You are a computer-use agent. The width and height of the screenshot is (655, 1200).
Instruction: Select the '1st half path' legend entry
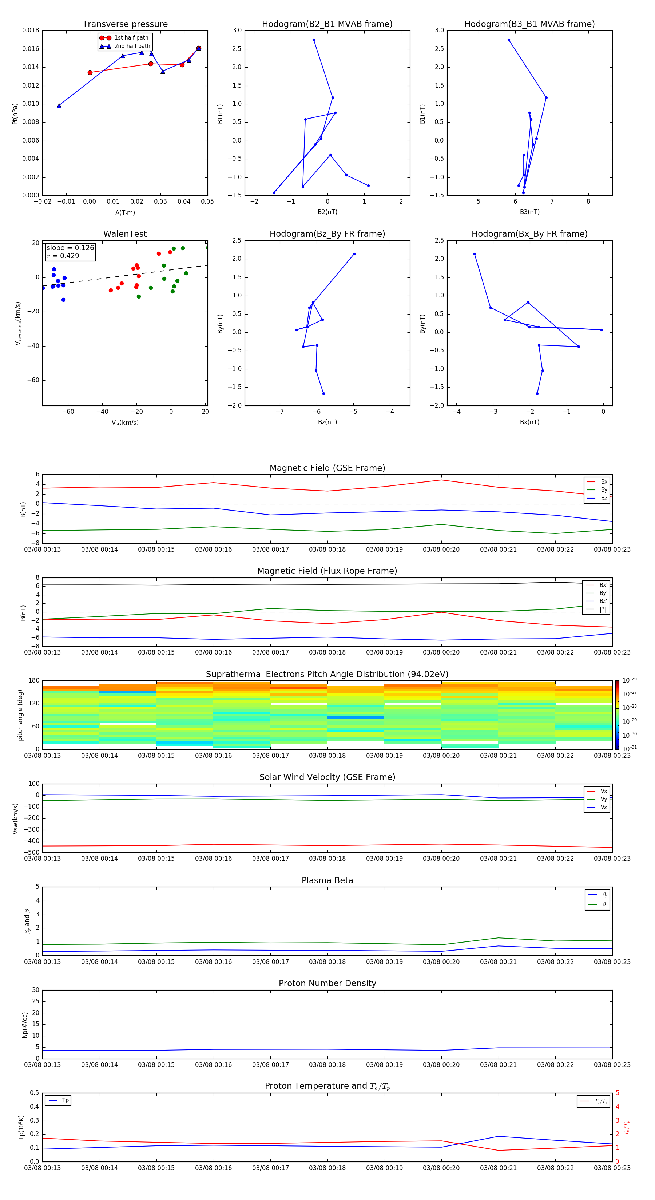(131, 38)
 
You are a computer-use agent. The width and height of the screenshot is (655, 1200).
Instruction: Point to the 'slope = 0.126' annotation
(70, 248)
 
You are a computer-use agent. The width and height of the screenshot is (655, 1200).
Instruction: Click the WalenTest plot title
(125, 234)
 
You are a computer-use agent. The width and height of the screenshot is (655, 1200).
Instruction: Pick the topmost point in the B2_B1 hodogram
(314, 40)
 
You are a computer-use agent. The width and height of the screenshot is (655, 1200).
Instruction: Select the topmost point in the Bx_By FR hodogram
(475, 254)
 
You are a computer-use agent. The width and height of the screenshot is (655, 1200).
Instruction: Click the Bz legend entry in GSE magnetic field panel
(604, 498)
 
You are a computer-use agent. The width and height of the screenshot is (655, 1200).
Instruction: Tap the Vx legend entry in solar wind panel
(604, 791)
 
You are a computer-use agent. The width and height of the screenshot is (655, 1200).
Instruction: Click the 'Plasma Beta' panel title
(327, 880)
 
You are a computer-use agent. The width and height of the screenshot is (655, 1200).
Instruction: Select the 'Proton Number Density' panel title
(327, 983)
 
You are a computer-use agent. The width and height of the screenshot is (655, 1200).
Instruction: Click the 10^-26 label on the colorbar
(630, 680)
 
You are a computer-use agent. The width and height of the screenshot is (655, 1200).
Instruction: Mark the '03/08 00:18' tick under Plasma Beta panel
(327, 961)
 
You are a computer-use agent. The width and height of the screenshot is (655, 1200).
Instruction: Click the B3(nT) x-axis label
(529, 212)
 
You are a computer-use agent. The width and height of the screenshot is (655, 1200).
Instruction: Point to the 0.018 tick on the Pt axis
(31, 31)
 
